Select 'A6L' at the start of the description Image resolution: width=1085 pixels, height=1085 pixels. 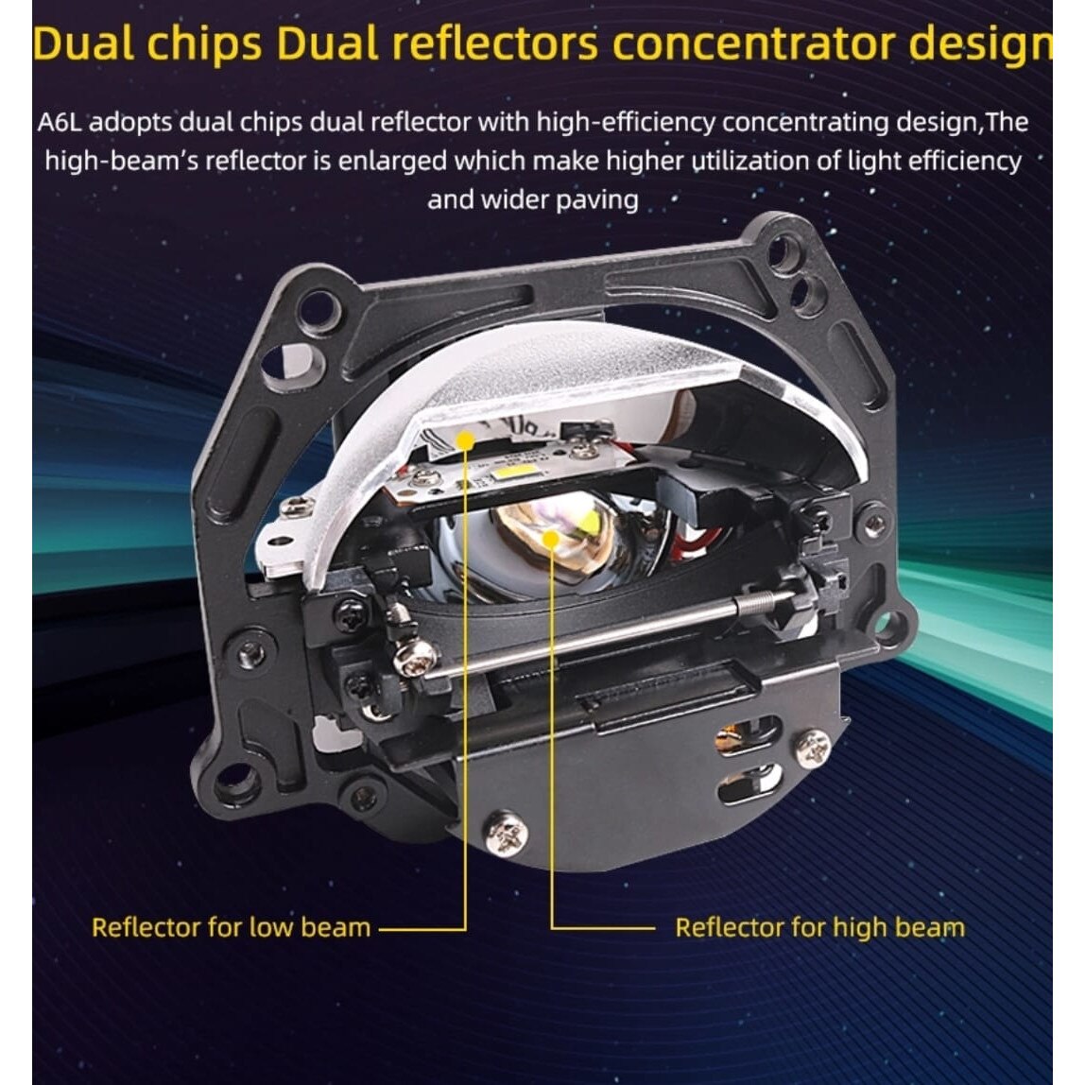click(60, 123)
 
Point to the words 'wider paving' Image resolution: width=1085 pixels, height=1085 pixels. click(560, 200)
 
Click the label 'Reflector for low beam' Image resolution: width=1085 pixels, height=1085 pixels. click(232, 927)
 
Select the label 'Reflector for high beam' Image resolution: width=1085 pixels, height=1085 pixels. click(819, 927)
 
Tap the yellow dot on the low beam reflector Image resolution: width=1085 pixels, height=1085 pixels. click(465, 440)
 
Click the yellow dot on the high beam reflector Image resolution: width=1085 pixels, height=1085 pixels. click(551, 538)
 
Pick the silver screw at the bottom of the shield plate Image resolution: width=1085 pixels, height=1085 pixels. click(508, 831)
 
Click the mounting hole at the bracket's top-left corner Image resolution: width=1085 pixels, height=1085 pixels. click(318, 308)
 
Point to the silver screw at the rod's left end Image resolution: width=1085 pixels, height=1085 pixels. click(416, 657)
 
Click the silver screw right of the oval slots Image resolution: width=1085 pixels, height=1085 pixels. click(812, 748)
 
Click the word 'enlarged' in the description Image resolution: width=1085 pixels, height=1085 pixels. click(392, 162)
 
